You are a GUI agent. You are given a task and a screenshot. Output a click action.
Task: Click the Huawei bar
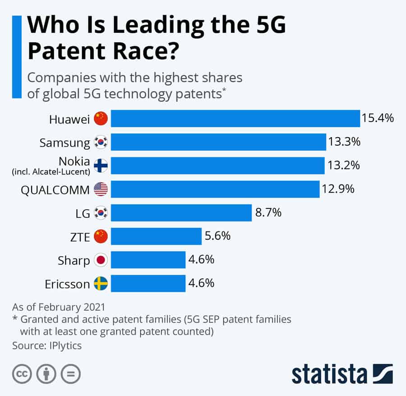tap(235, 118)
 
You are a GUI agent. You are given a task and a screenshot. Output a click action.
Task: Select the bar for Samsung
tap(218, 142)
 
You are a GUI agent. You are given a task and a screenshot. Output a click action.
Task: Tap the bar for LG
tap(181, 212)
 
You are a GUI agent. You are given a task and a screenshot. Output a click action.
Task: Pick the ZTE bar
tap(156, 236)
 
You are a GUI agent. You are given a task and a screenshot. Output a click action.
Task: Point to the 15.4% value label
tap(378, 118)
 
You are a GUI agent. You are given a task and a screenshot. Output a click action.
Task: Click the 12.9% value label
tap(338, 189)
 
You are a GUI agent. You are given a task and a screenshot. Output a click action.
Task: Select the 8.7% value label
tap(268, 212)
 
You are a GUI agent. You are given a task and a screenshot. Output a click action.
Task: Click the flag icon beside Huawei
tap(101, 119)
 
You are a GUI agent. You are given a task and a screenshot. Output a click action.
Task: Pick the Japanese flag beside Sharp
tap(101, 260)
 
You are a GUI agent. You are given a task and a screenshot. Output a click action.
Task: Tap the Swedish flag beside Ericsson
tap(101, 284)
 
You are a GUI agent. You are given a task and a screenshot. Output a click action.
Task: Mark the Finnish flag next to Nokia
tap(101, 166)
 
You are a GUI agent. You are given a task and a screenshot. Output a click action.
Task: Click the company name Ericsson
tap(67, 284)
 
